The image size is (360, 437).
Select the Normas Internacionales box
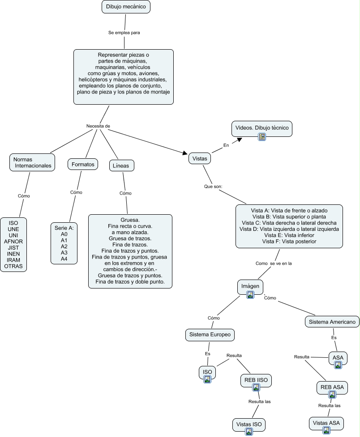32,162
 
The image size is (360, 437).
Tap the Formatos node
83,165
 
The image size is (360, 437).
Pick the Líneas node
122,165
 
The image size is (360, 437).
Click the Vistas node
200,158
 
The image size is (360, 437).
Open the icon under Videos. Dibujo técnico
262,137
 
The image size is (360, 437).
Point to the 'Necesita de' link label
98,126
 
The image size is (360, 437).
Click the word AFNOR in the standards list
13,242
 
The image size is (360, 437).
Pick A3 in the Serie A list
64,253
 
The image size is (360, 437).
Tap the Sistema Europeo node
210,335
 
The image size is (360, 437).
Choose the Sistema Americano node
332,322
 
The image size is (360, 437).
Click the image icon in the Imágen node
250,294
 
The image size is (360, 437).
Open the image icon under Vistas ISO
249,432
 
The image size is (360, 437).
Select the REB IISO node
256,380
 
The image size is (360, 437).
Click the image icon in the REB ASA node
332,395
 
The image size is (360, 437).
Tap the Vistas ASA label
326,423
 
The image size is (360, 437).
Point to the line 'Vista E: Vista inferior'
289,235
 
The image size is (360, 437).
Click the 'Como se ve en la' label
274,264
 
